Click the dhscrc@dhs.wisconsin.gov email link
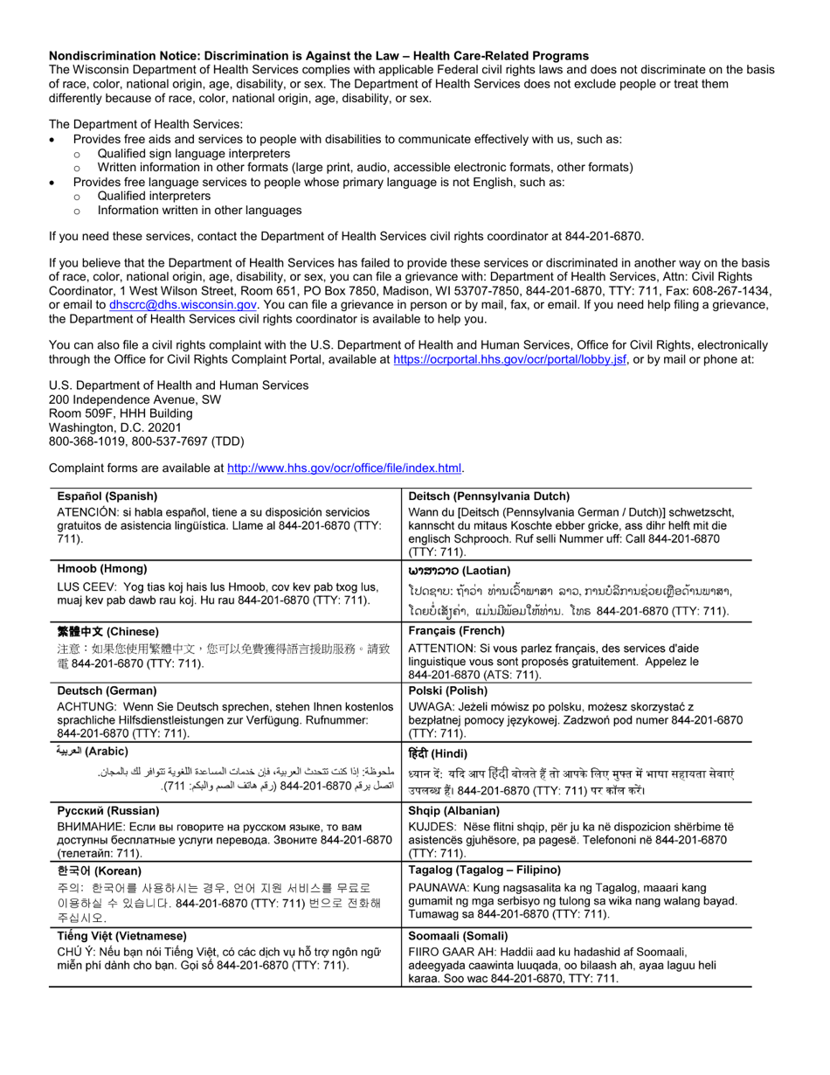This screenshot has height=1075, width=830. click(x=183, y=305)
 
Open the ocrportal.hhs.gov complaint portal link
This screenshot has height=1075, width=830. click(x=509, y=359)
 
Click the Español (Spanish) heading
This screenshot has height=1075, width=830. click(x=107, y=496)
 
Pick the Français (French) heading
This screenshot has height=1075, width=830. click(x=456, y=630)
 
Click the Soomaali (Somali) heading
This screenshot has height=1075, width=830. click(x=458, y=936)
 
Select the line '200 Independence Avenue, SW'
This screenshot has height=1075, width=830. click(x=135, y=399)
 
